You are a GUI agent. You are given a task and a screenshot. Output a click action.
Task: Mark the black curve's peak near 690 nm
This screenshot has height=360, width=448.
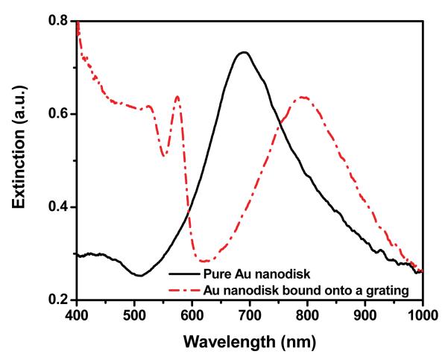click(243, 52)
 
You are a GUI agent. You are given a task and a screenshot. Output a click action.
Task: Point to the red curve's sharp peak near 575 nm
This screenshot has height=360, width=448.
click(177, 96)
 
